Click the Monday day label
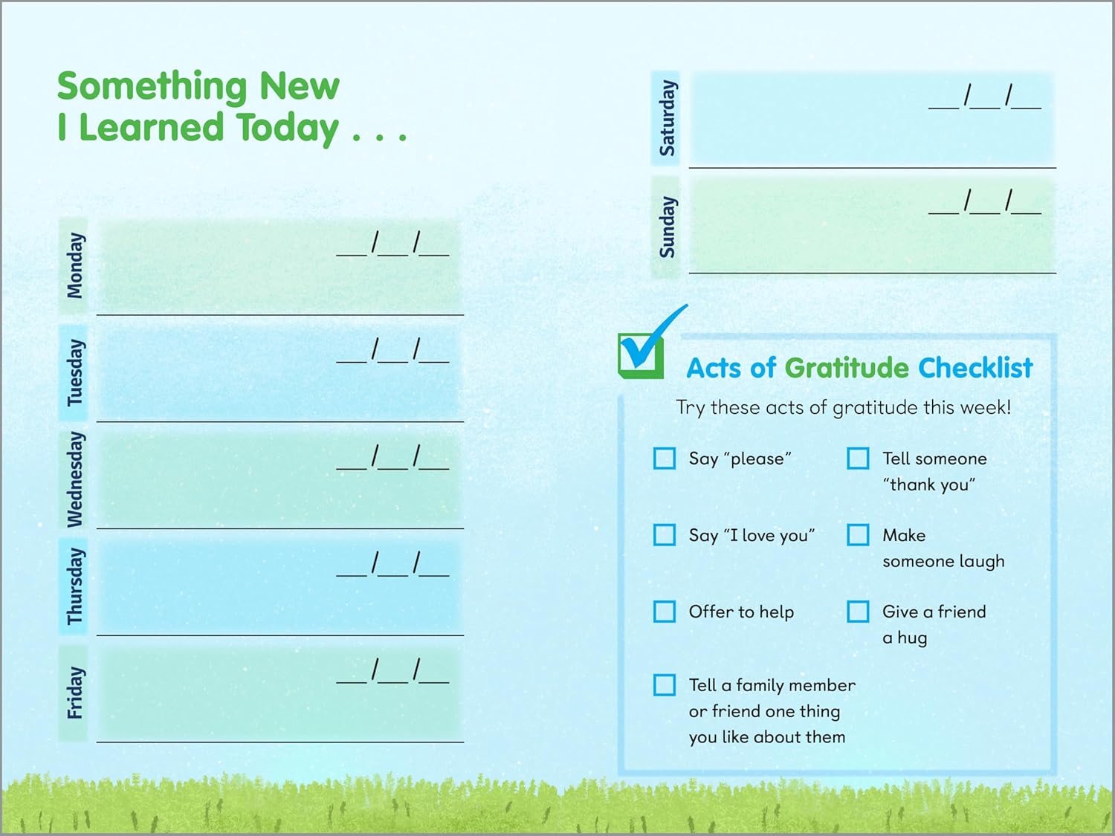pyautogui.click(x=74, y=265)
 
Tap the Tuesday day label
pyautogui.click(x=74, y=372)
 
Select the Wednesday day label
pyautogui.click(x=74, y=479)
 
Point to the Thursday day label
pyautogui.click(x=74, y=586)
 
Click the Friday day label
pyautogui.click(x=74, y=693)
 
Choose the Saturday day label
pyautogui.click(x=667, y=118)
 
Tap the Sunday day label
pyautogui.click(x=667, y=227)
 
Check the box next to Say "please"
pyautogui.click(x=664, y=458)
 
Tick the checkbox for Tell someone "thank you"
pyautogui.click(x=858, y=458)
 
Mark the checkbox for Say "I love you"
pyautogui.click(x=664, y=535)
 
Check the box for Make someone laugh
pyautogui.click(x=858, y=535)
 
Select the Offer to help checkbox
pyautogui.click(x=664, y=612)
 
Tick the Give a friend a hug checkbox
pyautogui.click(x=858, y=612)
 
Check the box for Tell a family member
pyautogui.click(x=664, y=685)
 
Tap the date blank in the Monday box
pyautogui.click(x=392, y=244)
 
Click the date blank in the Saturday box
pyautogui.click(x=984, y=97)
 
